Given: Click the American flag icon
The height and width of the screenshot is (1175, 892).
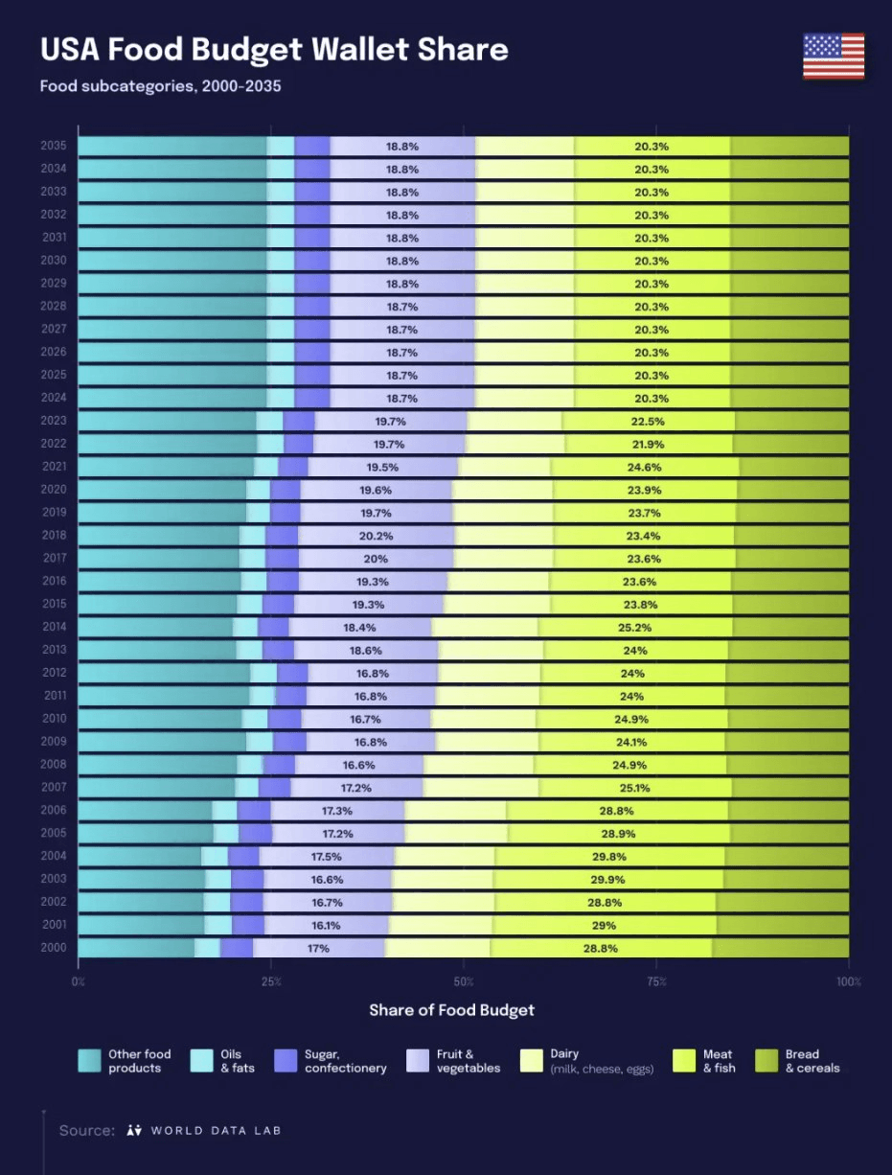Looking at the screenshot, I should (x=834, y=56).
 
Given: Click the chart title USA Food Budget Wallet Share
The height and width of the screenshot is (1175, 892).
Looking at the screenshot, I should (x=274, y=50).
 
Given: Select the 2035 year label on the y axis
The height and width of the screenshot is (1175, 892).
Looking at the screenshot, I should (x=53, y=146).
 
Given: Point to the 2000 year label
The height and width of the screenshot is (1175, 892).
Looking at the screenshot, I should (x=53, y=948).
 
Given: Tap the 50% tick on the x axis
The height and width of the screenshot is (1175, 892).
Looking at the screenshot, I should (x=464, y=982).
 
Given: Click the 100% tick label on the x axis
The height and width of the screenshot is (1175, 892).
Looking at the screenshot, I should (x=849, y=982).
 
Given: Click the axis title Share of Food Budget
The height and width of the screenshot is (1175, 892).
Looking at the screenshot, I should (x=451, y=1010).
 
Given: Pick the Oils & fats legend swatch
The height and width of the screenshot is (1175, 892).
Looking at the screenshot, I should (x=201, y=1060).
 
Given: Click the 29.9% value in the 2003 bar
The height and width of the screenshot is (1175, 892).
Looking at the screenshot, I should (x=609, y=879).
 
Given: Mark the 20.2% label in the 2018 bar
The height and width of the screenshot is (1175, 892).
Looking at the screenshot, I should (x=375, y=536).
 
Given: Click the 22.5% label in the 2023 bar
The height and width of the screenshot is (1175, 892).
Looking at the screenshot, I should (x=648, y=421).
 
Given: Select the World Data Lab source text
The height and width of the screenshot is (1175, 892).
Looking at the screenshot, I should (x=204, y=1130).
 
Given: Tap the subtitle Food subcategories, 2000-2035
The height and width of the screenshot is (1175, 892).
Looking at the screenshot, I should (x=160, y=86).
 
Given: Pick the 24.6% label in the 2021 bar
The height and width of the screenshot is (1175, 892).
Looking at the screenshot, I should (x=643, y=467).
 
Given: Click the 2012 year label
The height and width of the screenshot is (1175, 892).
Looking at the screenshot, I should (x=53, y=673).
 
